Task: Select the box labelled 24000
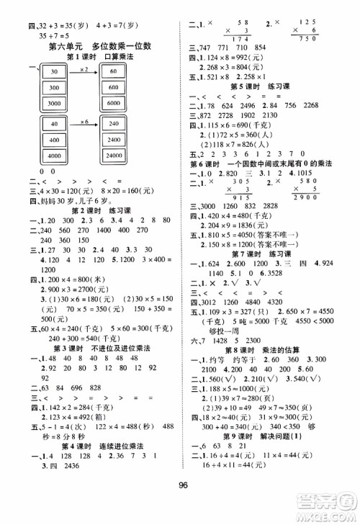click(114, 155)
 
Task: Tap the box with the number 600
click(114, 87)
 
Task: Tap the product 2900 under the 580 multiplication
click(311, 216)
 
